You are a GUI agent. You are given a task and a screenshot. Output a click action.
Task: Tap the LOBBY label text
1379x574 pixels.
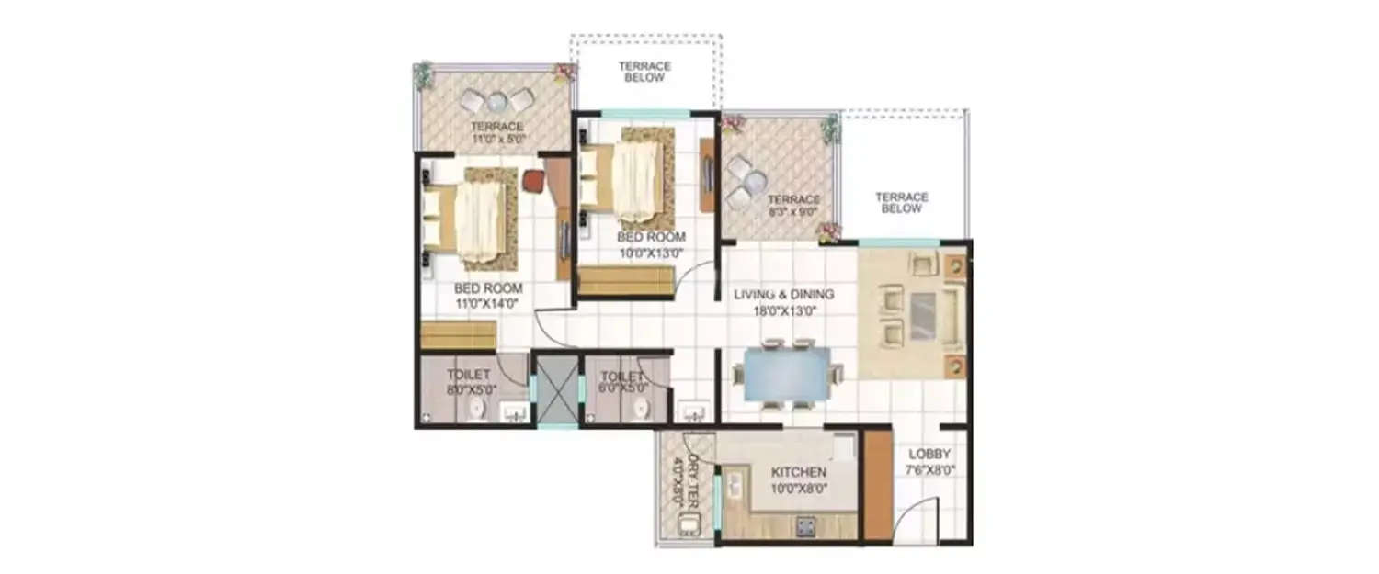929,455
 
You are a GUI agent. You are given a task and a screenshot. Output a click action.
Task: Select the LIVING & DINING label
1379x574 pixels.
783,295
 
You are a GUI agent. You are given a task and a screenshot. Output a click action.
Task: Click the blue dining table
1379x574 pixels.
785,375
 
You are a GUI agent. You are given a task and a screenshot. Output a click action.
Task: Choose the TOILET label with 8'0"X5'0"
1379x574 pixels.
467,375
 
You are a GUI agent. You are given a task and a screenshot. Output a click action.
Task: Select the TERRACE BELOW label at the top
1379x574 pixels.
644,72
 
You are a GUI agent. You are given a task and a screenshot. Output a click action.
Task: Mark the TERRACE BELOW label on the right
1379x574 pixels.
901,202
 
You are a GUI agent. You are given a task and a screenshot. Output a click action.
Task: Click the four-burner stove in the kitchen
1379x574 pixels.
806,526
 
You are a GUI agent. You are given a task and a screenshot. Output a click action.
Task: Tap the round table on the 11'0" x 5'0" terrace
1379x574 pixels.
496,100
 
